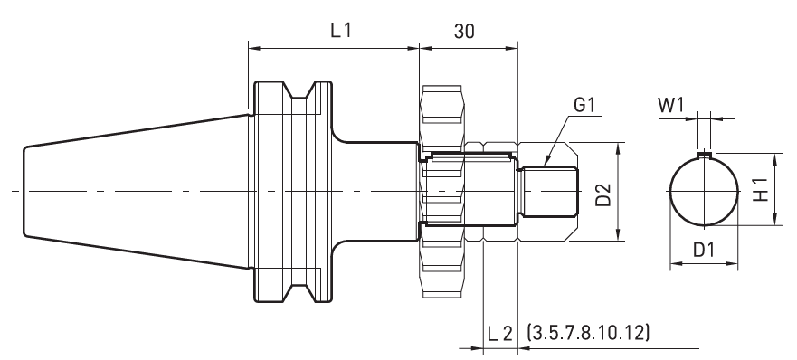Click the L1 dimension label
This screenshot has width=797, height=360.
click(341, 31)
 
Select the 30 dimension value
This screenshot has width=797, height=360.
click(463, 32)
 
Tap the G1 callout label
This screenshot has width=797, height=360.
click(584, 105)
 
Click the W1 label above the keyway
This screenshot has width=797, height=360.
click(671, 105)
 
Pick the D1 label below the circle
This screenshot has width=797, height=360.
click(704, 250)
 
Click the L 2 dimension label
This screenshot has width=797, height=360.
click(500, 334)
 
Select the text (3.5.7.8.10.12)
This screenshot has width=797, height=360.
click(588, 332)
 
